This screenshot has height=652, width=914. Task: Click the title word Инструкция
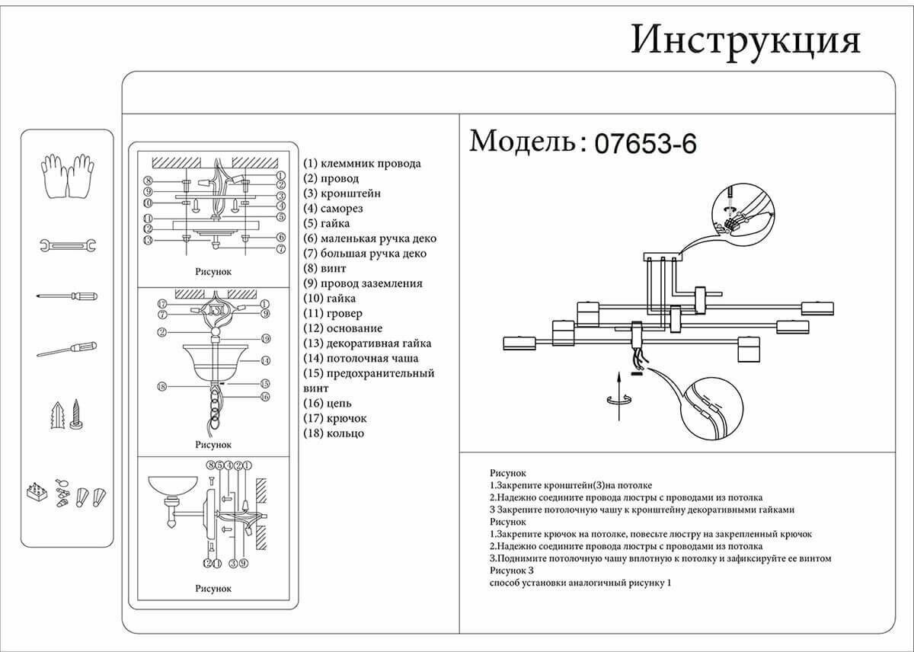pos(745,40)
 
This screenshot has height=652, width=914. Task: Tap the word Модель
pos(524,142)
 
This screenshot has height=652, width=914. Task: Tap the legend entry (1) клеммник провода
pos(362,163)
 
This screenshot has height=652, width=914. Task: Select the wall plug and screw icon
pos(67,414)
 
